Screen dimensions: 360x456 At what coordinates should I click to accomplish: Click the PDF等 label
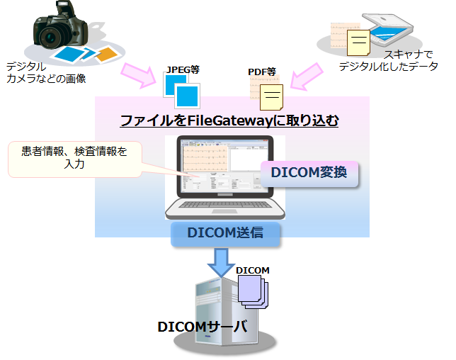click(261, 72)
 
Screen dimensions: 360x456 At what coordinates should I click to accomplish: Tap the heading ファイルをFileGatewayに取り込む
click(229, 121)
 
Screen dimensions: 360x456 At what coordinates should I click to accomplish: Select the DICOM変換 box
click(309, 172)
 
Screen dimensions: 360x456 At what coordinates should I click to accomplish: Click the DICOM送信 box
click(226, 232)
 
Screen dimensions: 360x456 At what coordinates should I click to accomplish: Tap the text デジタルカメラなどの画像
click(44, 72)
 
